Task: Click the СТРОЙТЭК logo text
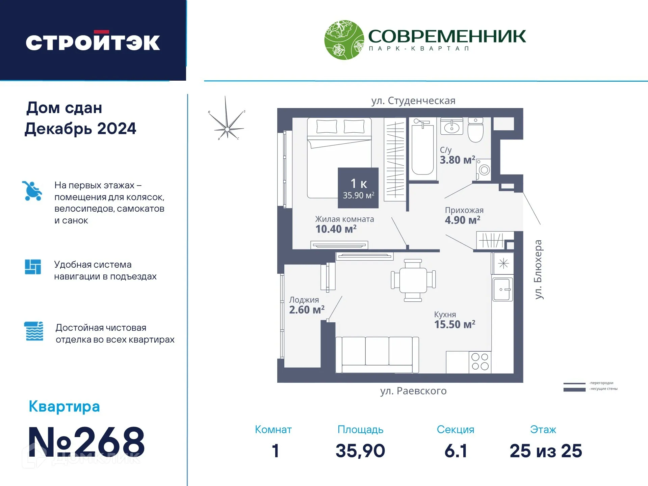pos(93,42)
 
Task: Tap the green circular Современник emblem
pos(344,39)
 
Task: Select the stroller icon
pos(32,191)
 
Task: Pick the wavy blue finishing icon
pos(34,331)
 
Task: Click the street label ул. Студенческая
pos(413,101)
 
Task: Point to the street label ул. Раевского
pos(413,391)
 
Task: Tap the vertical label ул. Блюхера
pos(538,269)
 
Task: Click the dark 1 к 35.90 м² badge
pos(358,188)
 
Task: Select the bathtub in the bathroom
pos(422,149)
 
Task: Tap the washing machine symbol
pos(484,169)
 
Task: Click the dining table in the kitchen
pos(413,280)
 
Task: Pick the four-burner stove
pos(480,362)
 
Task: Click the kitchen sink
pos(502,289)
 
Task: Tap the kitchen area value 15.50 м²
pos(455,324)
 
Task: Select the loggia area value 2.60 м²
pos(307,309)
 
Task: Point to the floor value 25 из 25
pos(546,451)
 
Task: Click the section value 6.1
pos(456,451)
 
